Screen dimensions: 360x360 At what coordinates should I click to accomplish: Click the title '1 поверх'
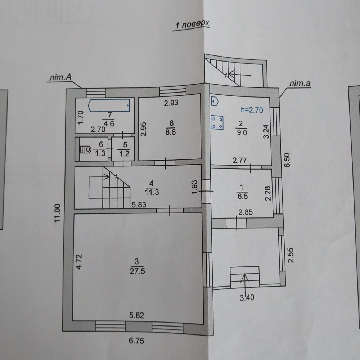click(x=192, y=24)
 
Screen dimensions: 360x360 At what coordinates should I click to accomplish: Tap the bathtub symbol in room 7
click(x=109, y=105)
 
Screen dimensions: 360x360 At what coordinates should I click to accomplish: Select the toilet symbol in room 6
click(x=85, y=150)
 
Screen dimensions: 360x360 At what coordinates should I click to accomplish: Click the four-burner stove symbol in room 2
click(x=217, y=122)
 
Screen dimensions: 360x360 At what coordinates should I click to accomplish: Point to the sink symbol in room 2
click(x=215, y=101)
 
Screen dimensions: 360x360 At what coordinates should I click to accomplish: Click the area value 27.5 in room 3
click(x=137, y=271)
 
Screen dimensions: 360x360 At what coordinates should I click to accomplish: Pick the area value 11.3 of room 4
click(x=152, y=192)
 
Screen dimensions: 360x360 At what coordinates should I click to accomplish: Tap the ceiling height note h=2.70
click(x=252, y=110)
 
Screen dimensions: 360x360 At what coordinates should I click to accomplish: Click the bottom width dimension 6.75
click(x=136, y=341)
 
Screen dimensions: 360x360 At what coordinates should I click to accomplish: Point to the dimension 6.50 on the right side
click(x=287, y=160)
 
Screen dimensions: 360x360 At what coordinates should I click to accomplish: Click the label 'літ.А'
click(x=60, y=77)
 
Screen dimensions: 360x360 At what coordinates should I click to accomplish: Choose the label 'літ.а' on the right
click(x=300, y=84)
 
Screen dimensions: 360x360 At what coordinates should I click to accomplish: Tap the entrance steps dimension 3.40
click(x=247, y=298)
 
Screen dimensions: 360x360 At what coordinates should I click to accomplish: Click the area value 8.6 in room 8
click(x=171, y=132)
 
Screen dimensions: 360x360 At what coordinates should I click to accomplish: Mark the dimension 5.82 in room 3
click(x=136, y=315)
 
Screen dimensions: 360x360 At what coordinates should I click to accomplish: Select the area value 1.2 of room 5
click(x=124, y=154)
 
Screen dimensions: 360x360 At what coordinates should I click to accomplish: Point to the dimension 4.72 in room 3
click(x=79, y=261)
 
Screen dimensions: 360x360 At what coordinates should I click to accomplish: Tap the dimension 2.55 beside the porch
click(x=291, y=255)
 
